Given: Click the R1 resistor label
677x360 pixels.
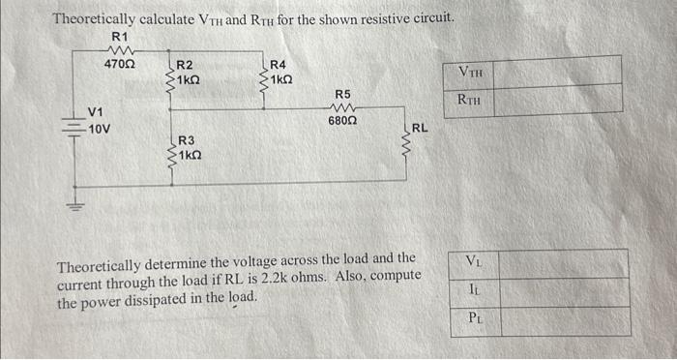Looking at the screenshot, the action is (120, 37).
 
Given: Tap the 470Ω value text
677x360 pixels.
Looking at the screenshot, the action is (120, 64).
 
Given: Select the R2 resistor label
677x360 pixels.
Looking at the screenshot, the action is (184, 65).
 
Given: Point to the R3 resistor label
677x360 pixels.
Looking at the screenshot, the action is (185, 141).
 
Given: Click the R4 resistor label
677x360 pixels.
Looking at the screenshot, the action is (278, 64).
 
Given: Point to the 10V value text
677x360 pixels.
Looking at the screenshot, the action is (100, 129).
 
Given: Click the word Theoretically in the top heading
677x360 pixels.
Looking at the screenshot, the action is (97, 19).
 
